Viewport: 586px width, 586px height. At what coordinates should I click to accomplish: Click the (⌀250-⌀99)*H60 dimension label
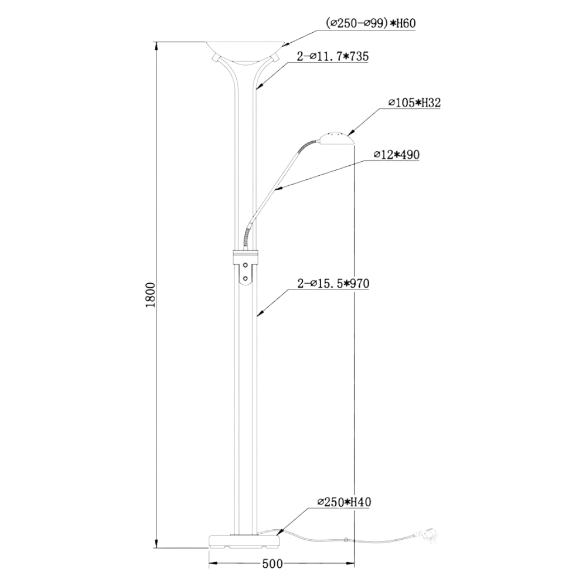coord(371,23)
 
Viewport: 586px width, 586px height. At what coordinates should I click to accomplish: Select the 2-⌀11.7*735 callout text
coord(333,56)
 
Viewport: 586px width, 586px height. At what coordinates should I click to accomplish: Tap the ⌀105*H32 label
coord(414,103)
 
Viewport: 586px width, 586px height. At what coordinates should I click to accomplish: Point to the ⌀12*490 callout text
coord(397,155)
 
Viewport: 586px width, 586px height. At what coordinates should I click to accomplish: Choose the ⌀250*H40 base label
coord(344,502)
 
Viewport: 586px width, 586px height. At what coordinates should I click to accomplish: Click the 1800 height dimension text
coord(151,295)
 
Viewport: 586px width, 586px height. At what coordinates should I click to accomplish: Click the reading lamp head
coord(335,138)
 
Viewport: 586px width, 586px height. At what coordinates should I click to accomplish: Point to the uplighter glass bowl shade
coord(246,51)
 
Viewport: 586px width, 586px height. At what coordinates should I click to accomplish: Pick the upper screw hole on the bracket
coord(246,265)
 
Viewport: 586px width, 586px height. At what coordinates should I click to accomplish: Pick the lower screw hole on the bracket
coord(246,278)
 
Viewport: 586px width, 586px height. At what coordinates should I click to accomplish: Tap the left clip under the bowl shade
coord(216,57)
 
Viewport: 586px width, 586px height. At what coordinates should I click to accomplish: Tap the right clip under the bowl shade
coord(275,57)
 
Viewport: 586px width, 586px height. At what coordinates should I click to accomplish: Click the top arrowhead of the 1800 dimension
coord(157,46)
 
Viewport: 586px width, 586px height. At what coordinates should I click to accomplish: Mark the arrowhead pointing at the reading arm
coord(277,189)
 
